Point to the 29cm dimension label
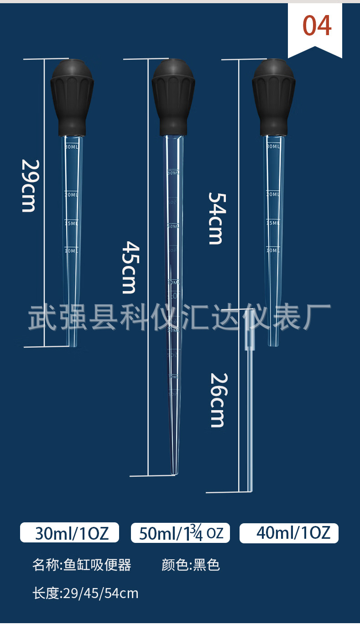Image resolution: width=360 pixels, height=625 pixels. click(29, 185)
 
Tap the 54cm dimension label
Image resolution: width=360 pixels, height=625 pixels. click(216, 218)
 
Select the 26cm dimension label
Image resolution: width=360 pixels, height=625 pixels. click(218, 400)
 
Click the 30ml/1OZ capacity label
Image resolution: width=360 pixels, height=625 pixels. click(70, 533)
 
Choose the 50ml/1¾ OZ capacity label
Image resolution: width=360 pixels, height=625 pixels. click(181, 533)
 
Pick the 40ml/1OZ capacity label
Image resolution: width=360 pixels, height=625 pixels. click(289, 533)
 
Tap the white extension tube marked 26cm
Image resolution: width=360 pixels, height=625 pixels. click(250, 411)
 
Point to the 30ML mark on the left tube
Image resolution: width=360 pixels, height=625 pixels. click(72, 147)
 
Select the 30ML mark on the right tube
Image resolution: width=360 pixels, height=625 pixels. click(272, 146)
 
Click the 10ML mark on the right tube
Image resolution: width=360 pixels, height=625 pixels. click(272, 250)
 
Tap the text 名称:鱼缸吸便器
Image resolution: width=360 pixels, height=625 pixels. click(82, 565)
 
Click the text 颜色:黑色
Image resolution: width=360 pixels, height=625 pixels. click(191, 565)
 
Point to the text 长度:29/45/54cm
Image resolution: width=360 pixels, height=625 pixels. click(85, 593)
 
